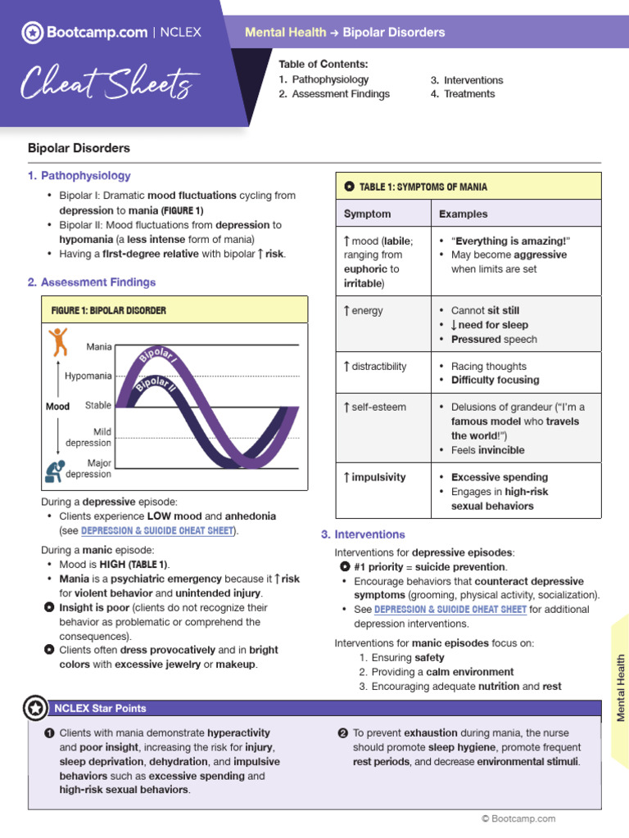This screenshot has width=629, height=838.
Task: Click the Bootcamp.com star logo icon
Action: (32, 33)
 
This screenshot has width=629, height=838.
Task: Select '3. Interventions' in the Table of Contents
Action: (467, 80)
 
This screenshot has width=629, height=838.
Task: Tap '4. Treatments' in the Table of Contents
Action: (463, 94)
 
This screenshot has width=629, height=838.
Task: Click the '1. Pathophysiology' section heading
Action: (79, 175)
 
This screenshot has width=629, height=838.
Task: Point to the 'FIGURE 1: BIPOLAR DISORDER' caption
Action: (108, 310)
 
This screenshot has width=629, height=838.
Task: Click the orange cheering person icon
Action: (57, 341)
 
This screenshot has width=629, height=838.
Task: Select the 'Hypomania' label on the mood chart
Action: (88, 376)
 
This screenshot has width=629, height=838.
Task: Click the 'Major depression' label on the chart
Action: (88, 469)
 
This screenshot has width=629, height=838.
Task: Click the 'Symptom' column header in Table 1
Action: (367, 214)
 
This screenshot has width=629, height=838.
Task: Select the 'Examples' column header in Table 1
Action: (463, 214)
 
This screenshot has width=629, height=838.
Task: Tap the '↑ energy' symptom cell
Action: (363, 311)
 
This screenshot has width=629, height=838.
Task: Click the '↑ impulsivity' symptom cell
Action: (374, 477)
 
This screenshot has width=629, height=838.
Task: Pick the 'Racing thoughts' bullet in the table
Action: (488, 367)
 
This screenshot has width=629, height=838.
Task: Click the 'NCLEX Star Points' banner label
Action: (100, 708)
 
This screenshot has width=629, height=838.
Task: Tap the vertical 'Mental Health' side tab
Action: (620, 687)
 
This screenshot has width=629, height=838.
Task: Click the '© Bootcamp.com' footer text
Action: (518, 818)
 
